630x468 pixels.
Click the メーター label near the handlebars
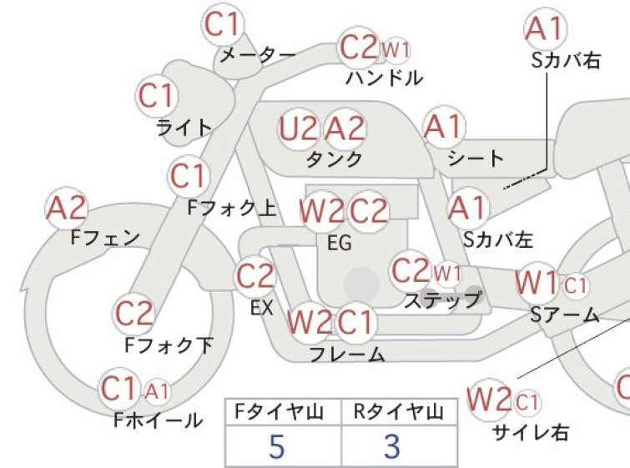(258, 55)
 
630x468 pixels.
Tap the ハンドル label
(384, 78)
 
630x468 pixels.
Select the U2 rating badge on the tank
(298, 129)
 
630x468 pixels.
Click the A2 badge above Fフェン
(66, 209)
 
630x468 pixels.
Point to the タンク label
(335, 159)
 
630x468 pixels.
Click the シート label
(476, 159)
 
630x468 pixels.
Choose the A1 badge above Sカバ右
(545, 28)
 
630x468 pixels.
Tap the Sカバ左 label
(498, 240)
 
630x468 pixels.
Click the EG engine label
(340, 243)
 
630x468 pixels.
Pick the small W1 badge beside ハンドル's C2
(396, 51)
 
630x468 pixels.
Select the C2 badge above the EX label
(255, 276)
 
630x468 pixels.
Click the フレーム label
(348, 355)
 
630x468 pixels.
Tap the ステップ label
(442, 299)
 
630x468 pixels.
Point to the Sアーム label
(565, 315)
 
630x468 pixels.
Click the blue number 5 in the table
(276, 446)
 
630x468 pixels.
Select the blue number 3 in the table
(392, 446)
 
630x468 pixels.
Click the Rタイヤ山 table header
(399, 412)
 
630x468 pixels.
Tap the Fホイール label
(159, 420)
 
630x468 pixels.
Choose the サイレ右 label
(531, 433)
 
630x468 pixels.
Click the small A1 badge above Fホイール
(156, 391)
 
